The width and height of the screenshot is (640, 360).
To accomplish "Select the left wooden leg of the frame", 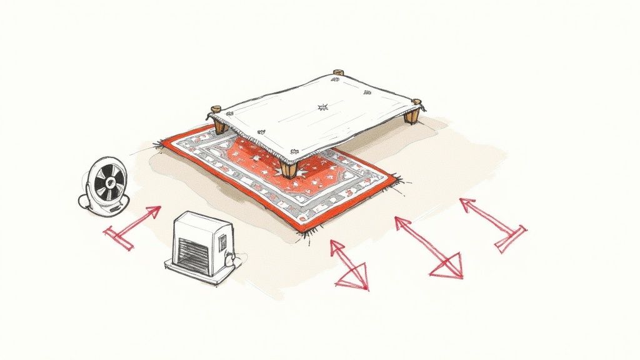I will [220, 125].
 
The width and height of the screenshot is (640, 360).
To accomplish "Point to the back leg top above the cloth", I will [338, 72].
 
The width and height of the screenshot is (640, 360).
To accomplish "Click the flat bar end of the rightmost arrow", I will [511, 240].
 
